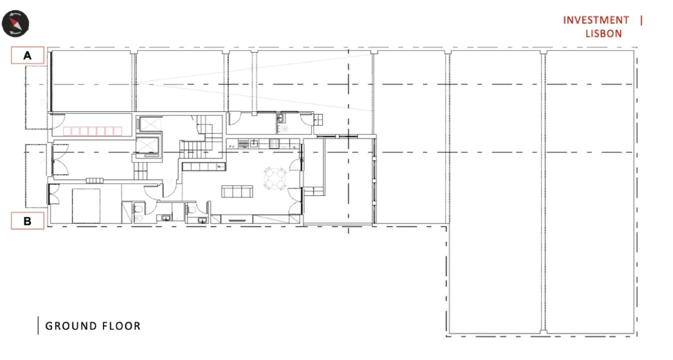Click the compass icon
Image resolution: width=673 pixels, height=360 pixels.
(15, 23)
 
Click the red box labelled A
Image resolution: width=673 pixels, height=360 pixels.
(27, 55)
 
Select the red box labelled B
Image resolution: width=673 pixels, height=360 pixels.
(27, 221)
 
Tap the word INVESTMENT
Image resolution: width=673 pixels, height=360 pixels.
(596, 20)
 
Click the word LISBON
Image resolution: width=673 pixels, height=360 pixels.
(603, 33)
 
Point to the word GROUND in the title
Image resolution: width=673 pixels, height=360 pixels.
(71, 326)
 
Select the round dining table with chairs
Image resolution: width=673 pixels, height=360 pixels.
(275, 179)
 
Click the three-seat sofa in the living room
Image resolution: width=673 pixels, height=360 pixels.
(237, 191)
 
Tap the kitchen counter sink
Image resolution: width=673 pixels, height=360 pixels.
(254, 143)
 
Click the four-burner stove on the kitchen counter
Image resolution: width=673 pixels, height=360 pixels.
(274, 143)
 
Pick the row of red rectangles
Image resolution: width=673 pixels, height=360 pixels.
(92, 131)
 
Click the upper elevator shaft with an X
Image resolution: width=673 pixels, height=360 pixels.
(149, 124)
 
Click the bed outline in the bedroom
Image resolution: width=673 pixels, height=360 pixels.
(86, 206)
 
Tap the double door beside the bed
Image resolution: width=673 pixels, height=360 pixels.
(53, 194)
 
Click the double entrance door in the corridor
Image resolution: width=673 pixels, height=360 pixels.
(59, 159)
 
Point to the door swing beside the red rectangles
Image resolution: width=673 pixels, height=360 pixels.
(58, 121)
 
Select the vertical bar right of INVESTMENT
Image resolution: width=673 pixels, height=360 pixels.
(641, 20)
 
